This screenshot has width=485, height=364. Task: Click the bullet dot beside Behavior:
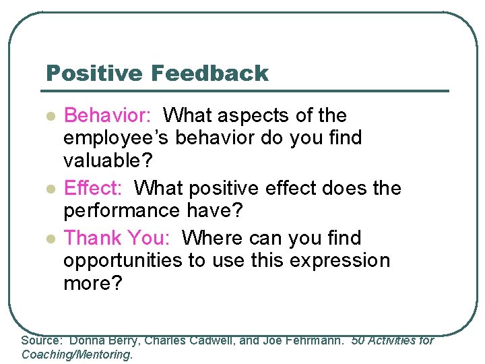click(48, 116)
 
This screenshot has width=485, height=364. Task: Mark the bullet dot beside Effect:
click(48, 188)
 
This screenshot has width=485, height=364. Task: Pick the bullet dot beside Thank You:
click(48, 238)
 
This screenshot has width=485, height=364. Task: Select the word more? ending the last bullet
click(93, 283)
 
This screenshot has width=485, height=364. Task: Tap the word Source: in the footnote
click(42, 341)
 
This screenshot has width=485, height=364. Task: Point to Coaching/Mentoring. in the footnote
click(77, 355)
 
